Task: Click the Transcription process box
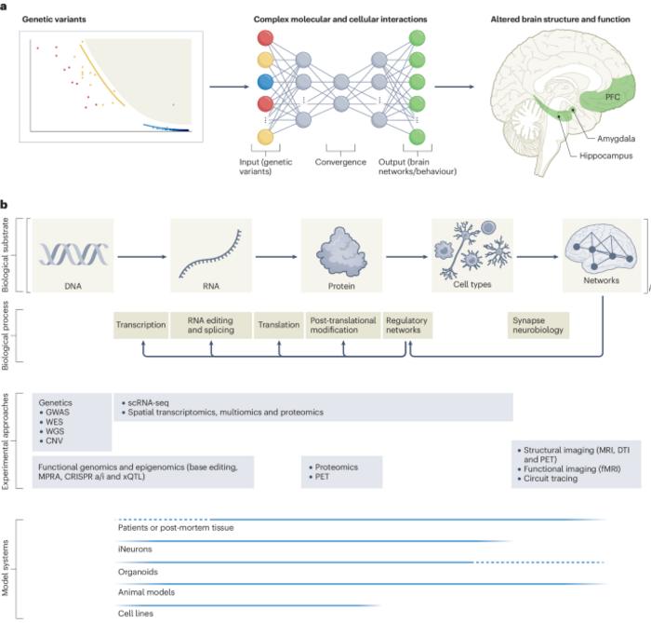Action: [140, 326]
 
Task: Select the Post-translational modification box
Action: [341, 326]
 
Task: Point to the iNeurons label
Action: [137, 549]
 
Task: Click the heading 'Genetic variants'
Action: [62, 20]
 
